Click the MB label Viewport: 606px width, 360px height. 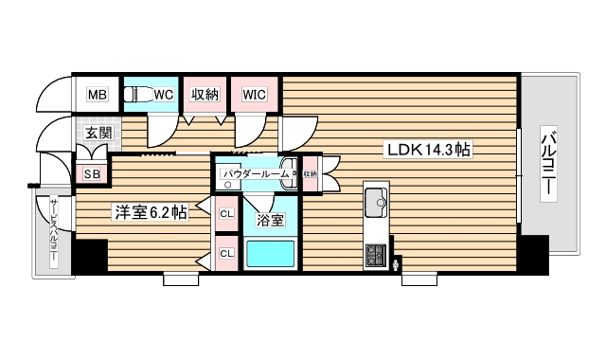coord(97,94)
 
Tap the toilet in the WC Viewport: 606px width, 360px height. coord(139,94)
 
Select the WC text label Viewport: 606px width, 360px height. coord(164,94)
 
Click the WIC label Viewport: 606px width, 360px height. coord(254,94)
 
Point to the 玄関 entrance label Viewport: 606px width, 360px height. coord(96,133)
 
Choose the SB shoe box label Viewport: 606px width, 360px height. coord(92,173)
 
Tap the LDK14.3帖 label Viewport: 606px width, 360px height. coord(428,150)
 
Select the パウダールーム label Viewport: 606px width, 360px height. coord(257,174)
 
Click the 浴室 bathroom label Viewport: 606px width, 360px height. coord(270,221)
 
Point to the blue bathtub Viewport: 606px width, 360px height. coord(270,254)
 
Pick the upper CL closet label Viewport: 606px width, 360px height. coord(227,214)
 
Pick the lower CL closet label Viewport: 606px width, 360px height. coord(227,254)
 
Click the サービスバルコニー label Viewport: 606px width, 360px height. coord(54,233)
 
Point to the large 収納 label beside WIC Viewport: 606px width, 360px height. coord(205,94)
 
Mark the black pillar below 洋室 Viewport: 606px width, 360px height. coord(91,255)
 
